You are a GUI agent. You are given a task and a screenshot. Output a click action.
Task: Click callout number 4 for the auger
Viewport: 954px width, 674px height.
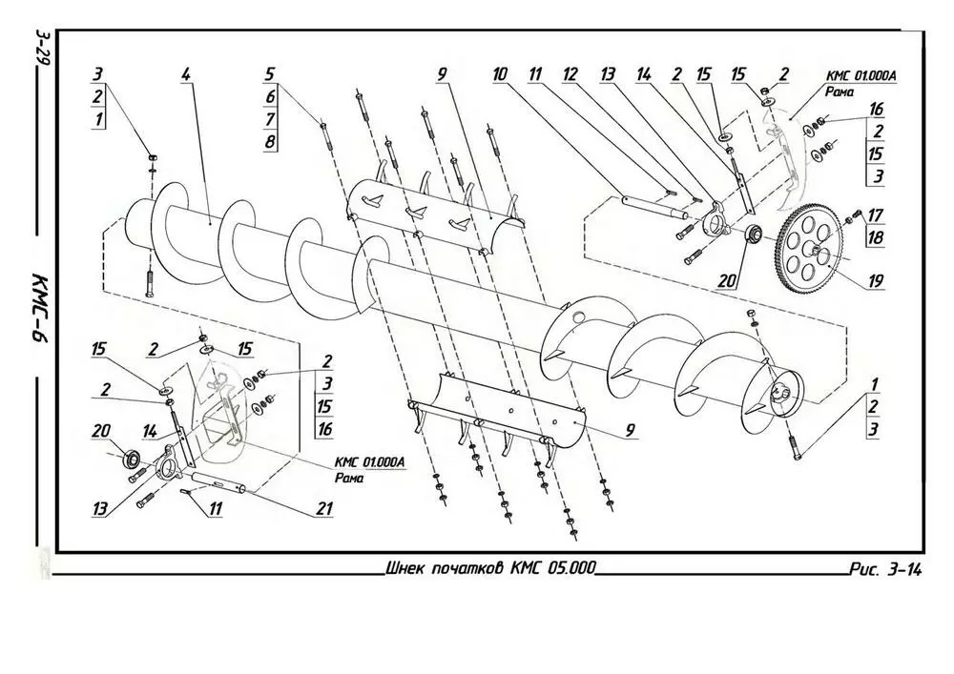click(185, 73)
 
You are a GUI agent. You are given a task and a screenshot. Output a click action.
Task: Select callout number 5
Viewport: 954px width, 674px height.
click(270, 73)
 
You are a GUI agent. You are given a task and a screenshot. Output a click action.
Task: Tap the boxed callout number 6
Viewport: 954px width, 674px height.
click(270, 96)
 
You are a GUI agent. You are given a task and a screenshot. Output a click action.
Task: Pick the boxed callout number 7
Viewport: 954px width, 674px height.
click(270, 119)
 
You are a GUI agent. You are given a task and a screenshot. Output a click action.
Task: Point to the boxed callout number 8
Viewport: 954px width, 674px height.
click(270, 142)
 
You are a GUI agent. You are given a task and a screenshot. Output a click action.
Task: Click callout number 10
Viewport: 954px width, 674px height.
click(499, 73)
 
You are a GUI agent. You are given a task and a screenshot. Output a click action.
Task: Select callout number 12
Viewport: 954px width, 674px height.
click(570, 73)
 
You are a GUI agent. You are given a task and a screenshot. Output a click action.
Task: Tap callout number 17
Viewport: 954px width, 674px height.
click(876, 214)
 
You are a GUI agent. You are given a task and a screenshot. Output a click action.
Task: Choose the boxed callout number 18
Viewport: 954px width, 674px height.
click(876, 237)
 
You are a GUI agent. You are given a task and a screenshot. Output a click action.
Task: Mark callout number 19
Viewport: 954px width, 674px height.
click(876, 281)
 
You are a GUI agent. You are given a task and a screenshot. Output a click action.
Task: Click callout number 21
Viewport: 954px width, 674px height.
click(325, 509)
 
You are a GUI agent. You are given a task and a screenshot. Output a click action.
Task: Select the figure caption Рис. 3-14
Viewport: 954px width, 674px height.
click(885, 571)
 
